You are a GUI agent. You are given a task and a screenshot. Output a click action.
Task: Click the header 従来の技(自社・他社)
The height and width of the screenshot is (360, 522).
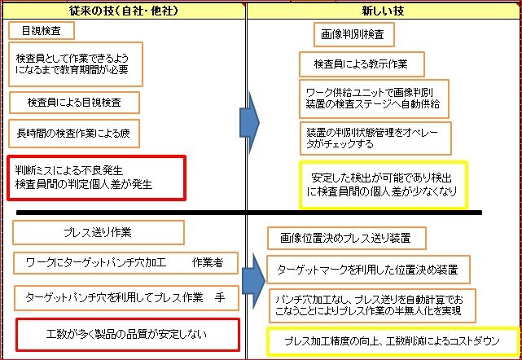click(123, 11)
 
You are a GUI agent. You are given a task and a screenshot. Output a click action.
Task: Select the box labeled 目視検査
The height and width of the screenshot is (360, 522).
click(41, 31)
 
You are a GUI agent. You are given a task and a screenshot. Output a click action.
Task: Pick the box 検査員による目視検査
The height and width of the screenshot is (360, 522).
click(74, 103)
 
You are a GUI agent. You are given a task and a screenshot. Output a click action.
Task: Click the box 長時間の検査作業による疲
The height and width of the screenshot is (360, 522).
click(74, 131)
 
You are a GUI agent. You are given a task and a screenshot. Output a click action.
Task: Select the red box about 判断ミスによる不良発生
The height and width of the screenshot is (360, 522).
click(96, 177)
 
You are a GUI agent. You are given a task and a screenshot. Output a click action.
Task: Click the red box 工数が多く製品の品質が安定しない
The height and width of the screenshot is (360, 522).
click(127, 334)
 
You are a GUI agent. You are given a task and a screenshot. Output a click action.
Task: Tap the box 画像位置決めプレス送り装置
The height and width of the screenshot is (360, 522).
click(347, 238)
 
